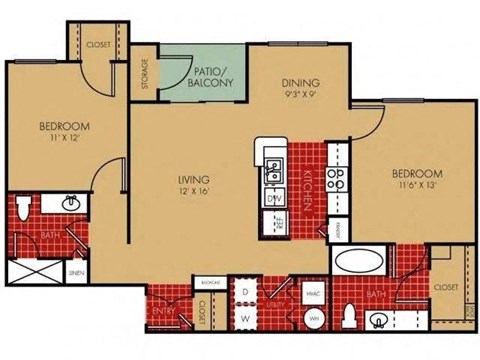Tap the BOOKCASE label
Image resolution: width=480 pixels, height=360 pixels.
pyautogui.click(x=209, y=283)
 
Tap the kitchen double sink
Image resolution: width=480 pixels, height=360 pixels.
pyautogui.click(x=274, y=173)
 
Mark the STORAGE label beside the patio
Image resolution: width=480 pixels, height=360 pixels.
pyautogui.click(x=146, y=73)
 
